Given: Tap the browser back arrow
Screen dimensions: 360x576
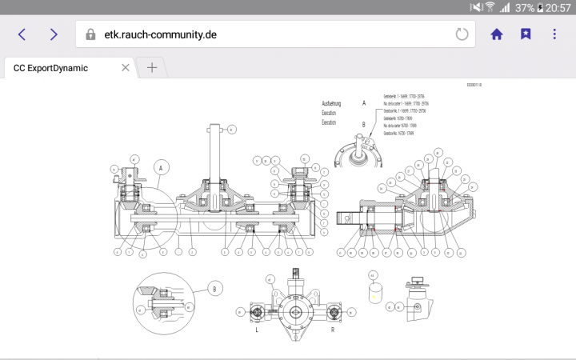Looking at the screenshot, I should [22, 34].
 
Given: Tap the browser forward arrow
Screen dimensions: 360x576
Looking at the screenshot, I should [54, 34].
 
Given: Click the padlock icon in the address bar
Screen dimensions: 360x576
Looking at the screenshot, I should [91, 35].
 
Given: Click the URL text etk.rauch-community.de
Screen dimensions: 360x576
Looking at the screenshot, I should [161, 35].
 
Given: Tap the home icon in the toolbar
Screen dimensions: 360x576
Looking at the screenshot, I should [497, 34].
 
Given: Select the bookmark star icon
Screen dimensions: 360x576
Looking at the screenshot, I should [525, 34].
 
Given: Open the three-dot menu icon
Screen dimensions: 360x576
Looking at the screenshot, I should [554, 34].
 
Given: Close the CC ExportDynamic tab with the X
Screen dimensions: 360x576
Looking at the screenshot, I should [125, 68].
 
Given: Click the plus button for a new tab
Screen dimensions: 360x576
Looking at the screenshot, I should [152, 68].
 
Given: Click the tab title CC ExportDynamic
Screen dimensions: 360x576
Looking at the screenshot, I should [51, 68].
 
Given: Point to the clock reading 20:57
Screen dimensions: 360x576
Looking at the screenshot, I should [558, 7].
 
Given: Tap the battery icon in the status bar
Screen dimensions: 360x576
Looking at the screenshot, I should [541, 7].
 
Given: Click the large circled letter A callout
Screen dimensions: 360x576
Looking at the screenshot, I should [162, 168].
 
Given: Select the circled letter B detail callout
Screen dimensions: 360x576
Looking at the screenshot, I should [214, 288].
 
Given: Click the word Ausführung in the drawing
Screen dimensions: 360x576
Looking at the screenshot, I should [332, 104].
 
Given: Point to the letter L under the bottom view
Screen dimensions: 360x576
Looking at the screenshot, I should [256, 330].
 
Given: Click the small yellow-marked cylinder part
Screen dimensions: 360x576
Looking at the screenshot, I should [374, 293].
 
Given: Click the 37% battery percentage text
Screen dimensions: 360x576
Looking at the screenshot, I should [525, 7].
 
